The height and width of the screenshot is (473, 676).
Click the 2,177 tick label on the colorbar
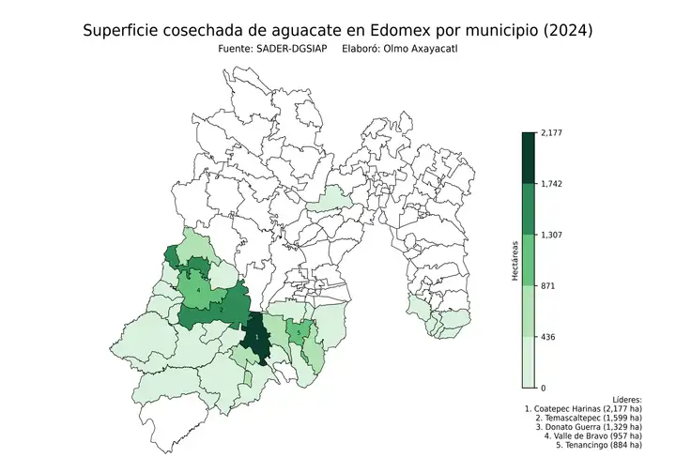click(551, 133)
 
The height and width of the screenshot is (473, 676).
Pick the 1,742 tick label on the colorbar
click(551, 184)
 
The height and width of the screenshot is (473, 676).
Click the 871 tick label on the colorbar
click(548, 285)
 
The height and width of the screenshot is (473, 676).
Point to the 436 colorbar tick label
click(548, 336)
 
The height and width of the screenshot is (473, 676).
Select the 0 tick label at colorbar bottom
click(543, 388)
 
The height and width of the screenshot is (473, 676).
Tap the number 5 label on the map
click(299, 333)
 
